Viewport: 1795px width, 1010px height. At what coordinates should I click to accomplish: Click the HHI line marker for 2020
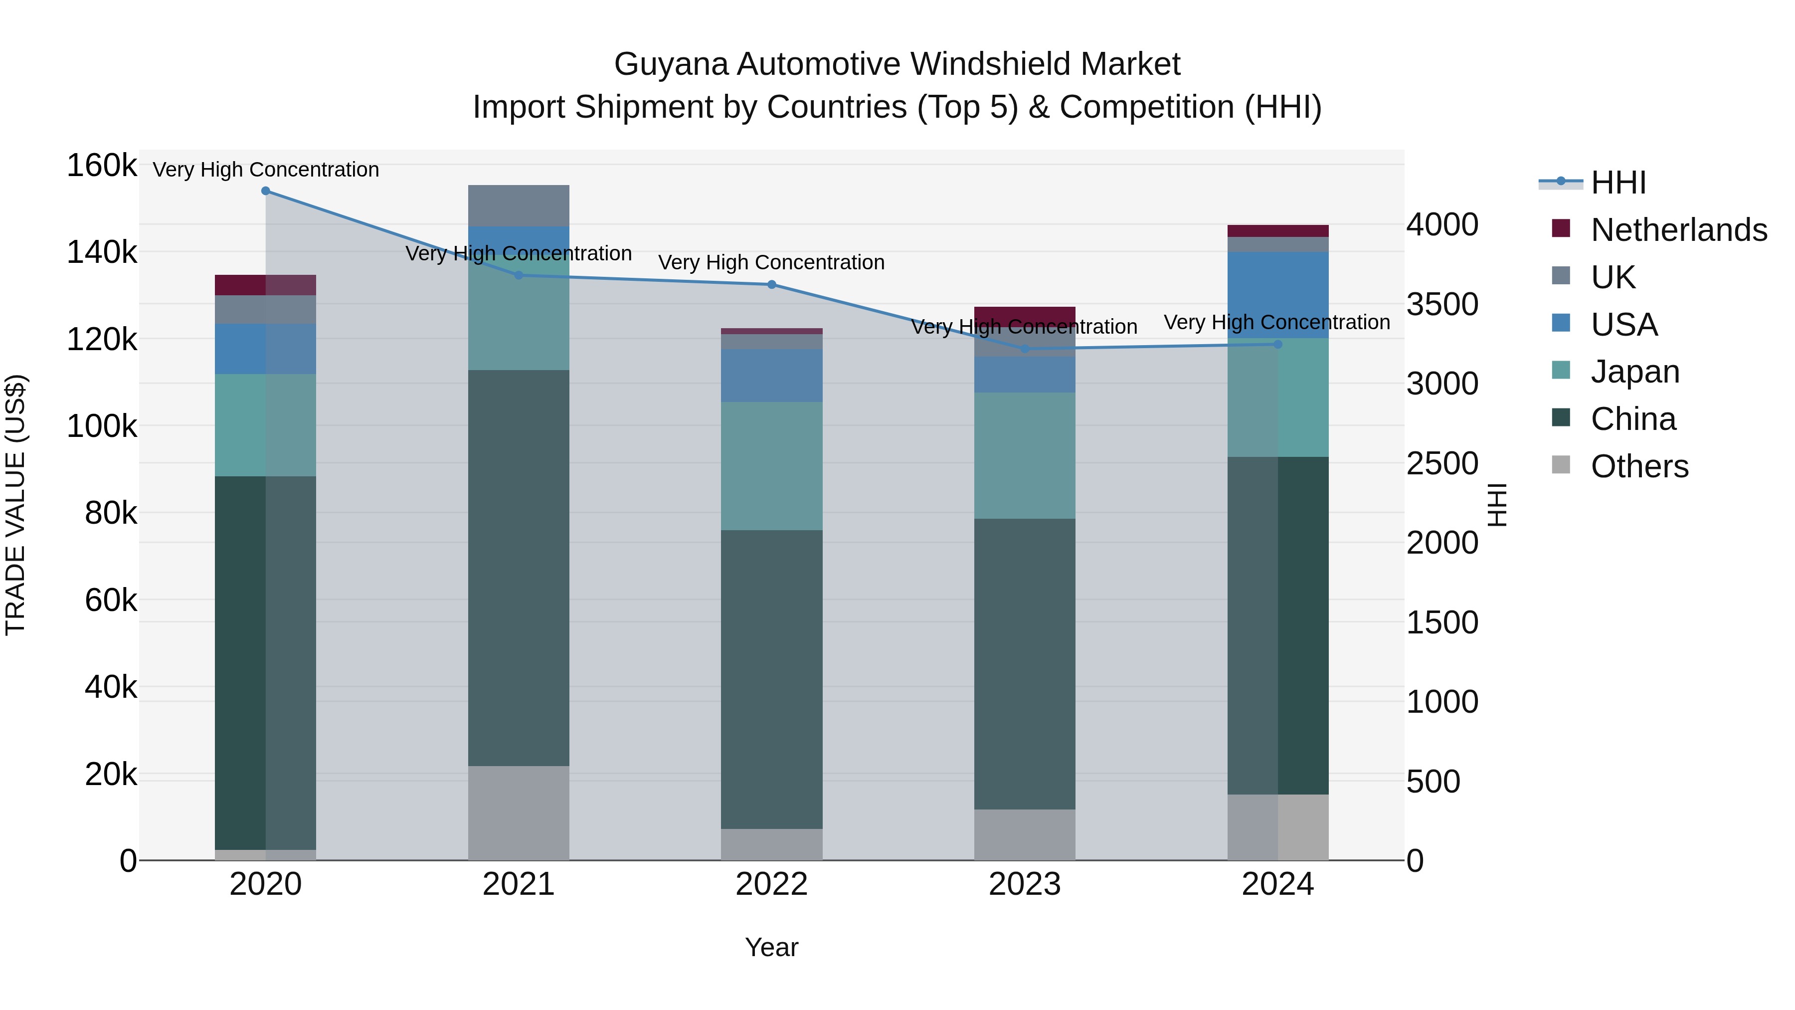265,191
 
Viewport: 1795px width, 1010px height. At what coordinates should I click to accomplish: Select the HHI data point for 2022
771,284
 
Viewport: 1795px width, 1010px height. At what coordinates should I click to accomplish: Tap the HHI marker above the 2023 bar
1024,349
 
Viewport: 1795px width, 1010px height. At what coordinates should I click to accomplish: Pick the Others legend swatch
1561,465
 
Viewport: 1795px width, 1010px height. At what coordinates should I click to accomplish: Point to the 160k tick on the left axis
102,166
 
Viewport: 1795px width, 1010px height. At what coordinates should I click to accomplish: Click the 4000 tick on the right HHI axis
1441,225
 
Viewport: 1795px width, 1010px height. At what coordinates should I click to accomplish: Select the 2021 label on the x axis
519,884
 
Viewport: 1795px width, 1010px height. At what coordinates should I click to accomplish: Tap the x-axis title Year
771,947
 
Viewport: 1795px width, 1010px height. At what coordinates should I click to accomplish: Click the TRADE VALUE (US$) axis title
15,505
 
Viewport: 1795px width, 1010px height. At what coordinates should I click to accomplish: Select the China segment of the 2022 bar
771,680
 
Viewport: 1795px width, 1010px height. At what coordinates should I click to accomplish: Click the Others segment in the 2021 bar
519,813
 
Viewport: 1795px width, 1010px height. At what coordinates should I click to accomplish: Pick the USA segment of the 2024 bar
1277,295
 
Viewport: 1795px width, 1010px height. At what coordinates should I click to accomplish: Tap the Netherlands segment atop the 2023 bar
1024,315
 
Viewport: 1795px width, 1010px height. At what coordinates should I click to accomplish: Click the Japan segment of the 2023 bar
1024,455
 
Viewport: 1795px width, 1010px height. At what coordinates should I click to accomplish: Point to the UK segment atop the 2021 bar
519,205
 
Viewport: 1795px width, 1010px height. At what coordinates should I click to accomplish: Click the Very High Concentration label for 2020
265,170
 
